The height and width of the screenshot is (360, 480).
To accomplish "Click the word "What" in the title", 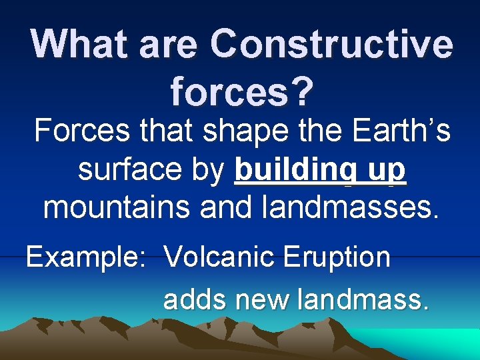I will pyautogui.click(x=80, y=45).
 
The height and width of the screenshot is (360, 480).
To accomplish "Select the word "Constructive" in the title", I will pyautogui.click(x=331, y=45).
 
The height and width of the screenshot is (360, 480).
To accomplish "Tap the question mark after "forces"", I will pyautogui.click(x=299, y=91).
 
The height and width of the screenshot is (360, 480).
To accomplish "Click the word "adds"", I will pyautogui.click(x=193, y=299).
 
